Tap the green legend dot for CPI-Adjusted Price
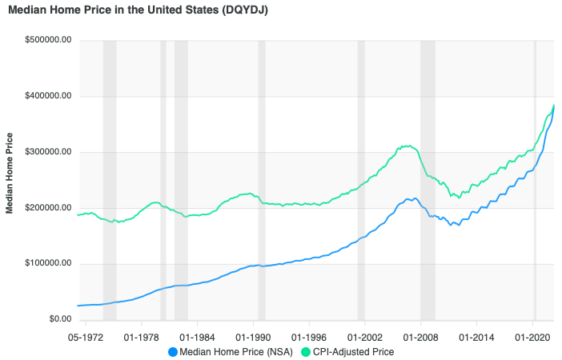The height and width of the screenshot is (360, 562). pos(305,351)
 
